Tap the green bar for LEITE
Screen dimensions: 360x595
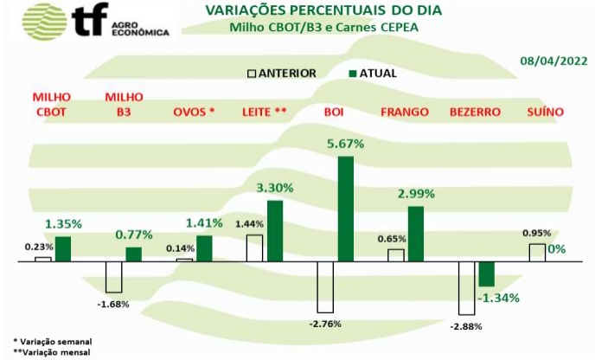pyautogui.click(x=274, y=230)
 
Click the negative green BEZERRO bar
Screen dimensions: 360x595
pyautogui.click(x=486, y=273)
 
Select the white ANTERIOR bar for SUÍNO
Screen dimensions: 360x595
pyautogui.click(x=537, y=252)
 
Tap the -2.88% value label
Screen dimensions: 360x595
pyautogui.click(x=467, y=325)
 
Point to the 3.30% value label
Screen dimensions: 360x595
pyautogui.click(x=275, y=187)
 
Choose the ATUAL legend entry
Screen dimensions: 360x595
pyautogui.click(x=373, y=74)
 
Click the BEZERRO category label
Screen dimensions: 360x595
pyautogui.click(x=476, y=112)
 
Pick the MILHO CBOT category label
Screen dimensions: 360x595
pyautogui.click(x=51, y=105)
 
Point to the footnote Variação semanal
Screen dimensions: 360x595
pyautogui.click(x=54, y=342)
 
